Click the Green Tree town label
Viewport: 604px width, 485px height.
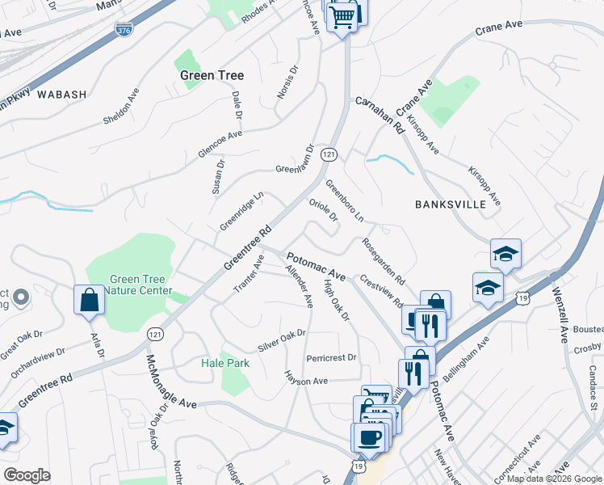212,75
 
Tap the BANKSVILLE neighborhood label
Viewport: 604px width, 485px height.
451,205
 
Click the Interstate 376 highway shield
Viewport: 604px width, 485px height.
124,30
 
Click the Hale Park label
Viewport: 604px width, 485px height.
225,363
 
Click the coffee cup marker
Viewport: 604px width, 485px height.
370,437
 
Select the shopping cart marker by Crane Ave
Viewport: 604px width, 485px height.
342,15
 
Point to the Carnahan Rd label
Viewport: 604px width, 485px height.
380,115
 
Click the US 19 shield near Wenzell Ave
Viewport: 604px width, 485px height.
523,299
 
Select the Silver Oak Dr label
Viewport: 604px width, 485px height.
282,340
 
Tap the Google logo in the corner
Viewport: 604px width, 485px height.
27,474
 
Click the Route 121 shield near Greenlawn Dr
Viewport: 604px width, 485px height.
328,154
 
